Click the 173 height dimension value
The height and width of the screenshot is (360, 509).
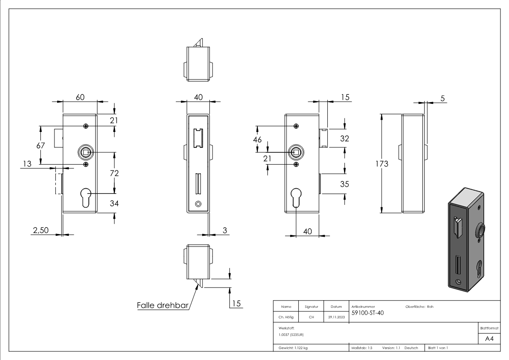click(x=382, y=164)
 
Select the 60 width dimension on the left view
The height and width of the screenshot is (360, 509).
click(x=80, y=97)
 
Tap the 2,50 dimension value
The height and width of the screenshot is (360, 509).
click(x=41, y=230)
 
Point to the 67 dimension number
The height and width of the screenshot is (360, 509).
click(x=41, y=146)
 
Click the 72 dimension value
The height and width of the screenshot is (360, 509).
click(x=114, y=173)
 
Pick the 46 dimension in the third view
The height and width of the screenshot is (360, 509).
click(x=257, y=140)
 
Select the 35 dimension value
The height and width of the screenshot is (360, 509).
click(x=344, y=184)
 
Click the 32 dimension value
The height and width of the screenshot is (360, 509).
click(x=344, y=139)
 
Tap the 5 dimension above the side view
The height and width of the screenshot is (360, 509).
click(x=443, y=98)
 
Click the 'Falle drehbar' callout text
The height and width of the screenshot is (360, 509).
click(x=163, y=305)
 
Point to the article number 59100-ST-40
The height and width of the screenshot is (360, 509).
click(x=368, y=313)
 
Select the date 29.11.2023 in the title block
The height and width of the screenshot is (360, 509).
click(x=336, y=317)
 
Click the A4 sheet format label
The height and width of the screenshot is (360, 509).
click(x=489, y=339)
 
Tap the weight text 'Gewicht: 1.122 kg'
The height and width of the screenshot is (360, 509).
click(x=293, y=348)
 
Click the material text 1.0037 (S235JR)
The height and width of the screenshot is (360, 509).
click(x=291, y=335)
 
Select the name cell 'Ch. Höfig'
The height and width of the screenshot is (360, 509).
click(x=286, y=317)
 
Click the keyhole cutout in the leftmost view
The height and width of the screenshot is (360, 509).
click(x=86, y=197)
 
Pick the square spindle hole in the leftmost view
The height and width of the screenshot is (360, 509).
click(x=86, y=151)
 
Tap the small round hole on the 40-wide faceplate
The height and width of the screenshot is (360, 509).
click(x=198, y=204)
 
